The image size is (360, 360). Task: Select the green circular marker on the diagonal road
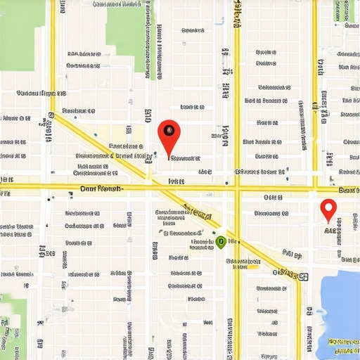point(221,242)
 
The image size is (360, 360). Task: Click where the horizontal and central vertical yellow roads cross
point(237,188)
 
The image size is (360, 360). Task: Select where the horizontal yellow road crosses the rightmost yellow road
point(315,188)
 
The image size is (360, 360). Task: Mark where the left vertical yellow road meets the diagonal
point(53,116)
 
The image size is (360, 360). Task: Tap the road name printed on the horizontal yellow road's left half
point(101,188)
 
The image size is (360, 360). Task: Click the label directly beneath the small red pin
point(330,229)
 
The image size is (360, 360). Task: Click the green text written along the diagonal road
point(198,212)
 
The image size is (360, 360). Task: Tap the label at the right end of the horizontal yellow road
point(349,190)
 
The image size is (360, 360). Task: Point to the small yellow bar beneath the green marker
point(242,266)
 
